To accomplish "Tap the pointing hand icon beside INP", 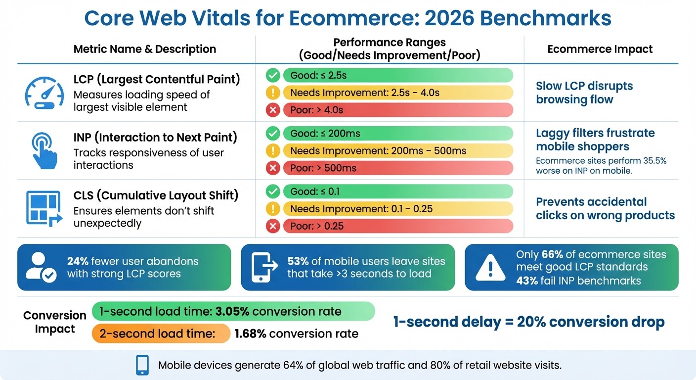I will [43, 150].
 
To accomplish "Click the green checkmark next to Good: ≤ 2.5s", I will [272, 75].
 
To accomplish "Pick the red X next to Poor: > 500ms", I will [272, 168].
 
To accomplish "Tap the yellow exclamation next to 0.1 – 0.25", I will [272, 209].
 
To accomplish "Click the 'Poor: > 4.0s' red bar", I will [397, 110].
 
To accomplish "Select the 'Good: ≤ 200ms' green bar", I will [397, 134].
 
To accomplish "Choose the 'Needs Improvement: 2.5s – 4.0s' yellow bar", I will [397, 93].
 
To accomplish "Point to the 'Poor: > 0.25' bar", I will [397, 226].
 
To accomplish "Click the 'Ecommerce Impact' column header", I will [600, 49].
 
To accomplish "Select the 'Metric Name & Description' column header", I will [144, 49].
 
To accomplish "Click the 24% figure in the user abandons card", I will [78, 261].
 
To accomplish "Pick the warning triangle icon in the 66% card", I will [490, 268].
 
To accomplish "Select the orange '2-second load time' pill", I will [161, 333].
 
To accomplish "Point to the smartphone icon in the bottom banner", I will [142, 366].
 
